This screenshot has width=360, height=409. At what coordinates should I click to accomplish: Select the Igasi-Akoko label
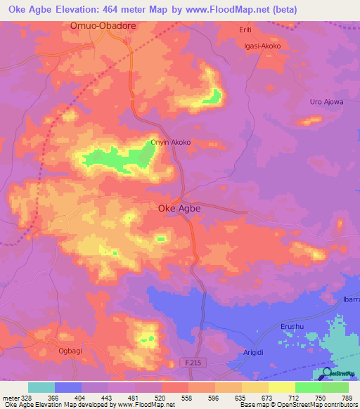[x=262, y=46]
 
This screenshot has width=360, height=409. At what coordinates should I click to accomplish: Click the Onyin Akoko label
[x=171, y=142]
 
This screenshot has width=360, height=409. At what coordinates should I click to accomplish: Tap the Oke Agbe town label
[x=179, y=208]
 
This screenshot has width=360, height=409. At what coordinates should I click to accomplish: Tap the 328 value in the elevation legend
[x=26, y=398]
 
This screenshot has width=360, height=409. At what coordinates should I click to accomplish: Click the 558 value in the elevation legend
[x=186, y=398]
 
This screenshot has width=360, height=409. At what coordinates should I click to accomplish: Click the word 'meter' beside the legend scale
[x=10, y=398]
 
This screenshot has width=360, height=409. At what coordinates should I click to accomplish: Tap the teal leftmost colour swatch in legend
[x=41, y=387]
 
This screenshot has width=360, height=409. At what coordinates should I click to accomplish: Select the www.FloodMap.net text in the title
[x=226, y=10]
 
